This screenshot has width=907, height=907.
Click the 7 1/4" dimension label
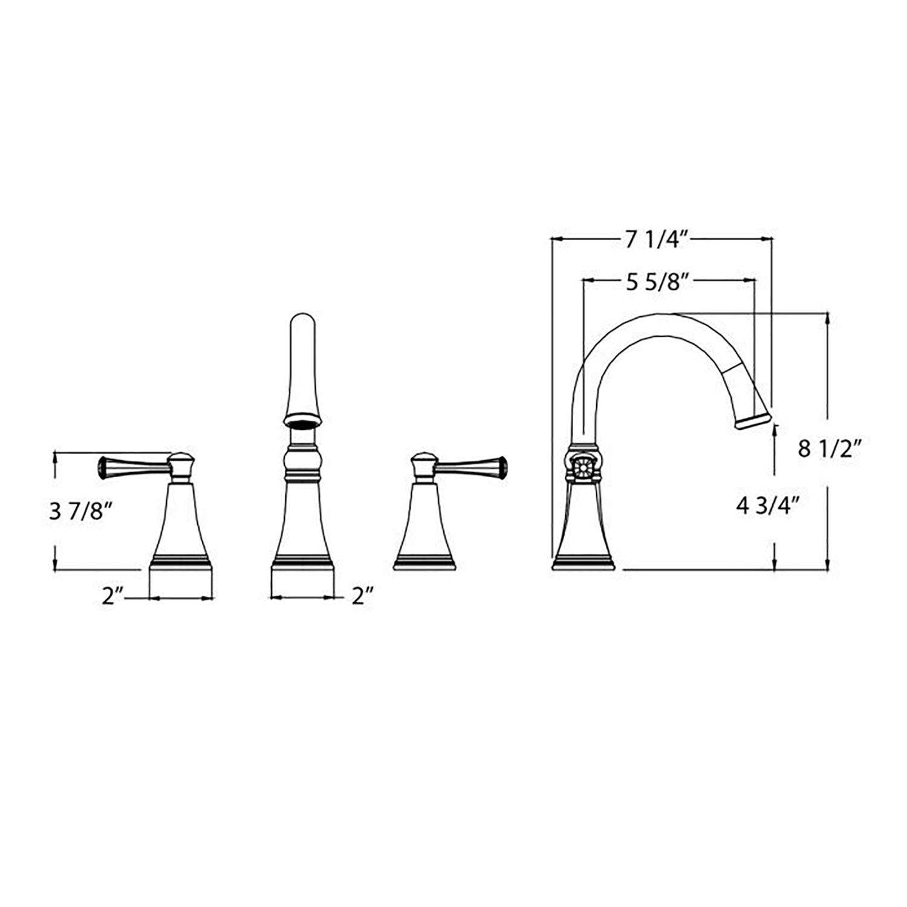click(657, 241)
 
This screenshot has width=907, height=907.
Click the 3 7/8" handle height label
click(81, 512)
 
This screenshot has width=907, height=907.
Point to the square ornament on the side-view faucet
click(583, 467)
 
